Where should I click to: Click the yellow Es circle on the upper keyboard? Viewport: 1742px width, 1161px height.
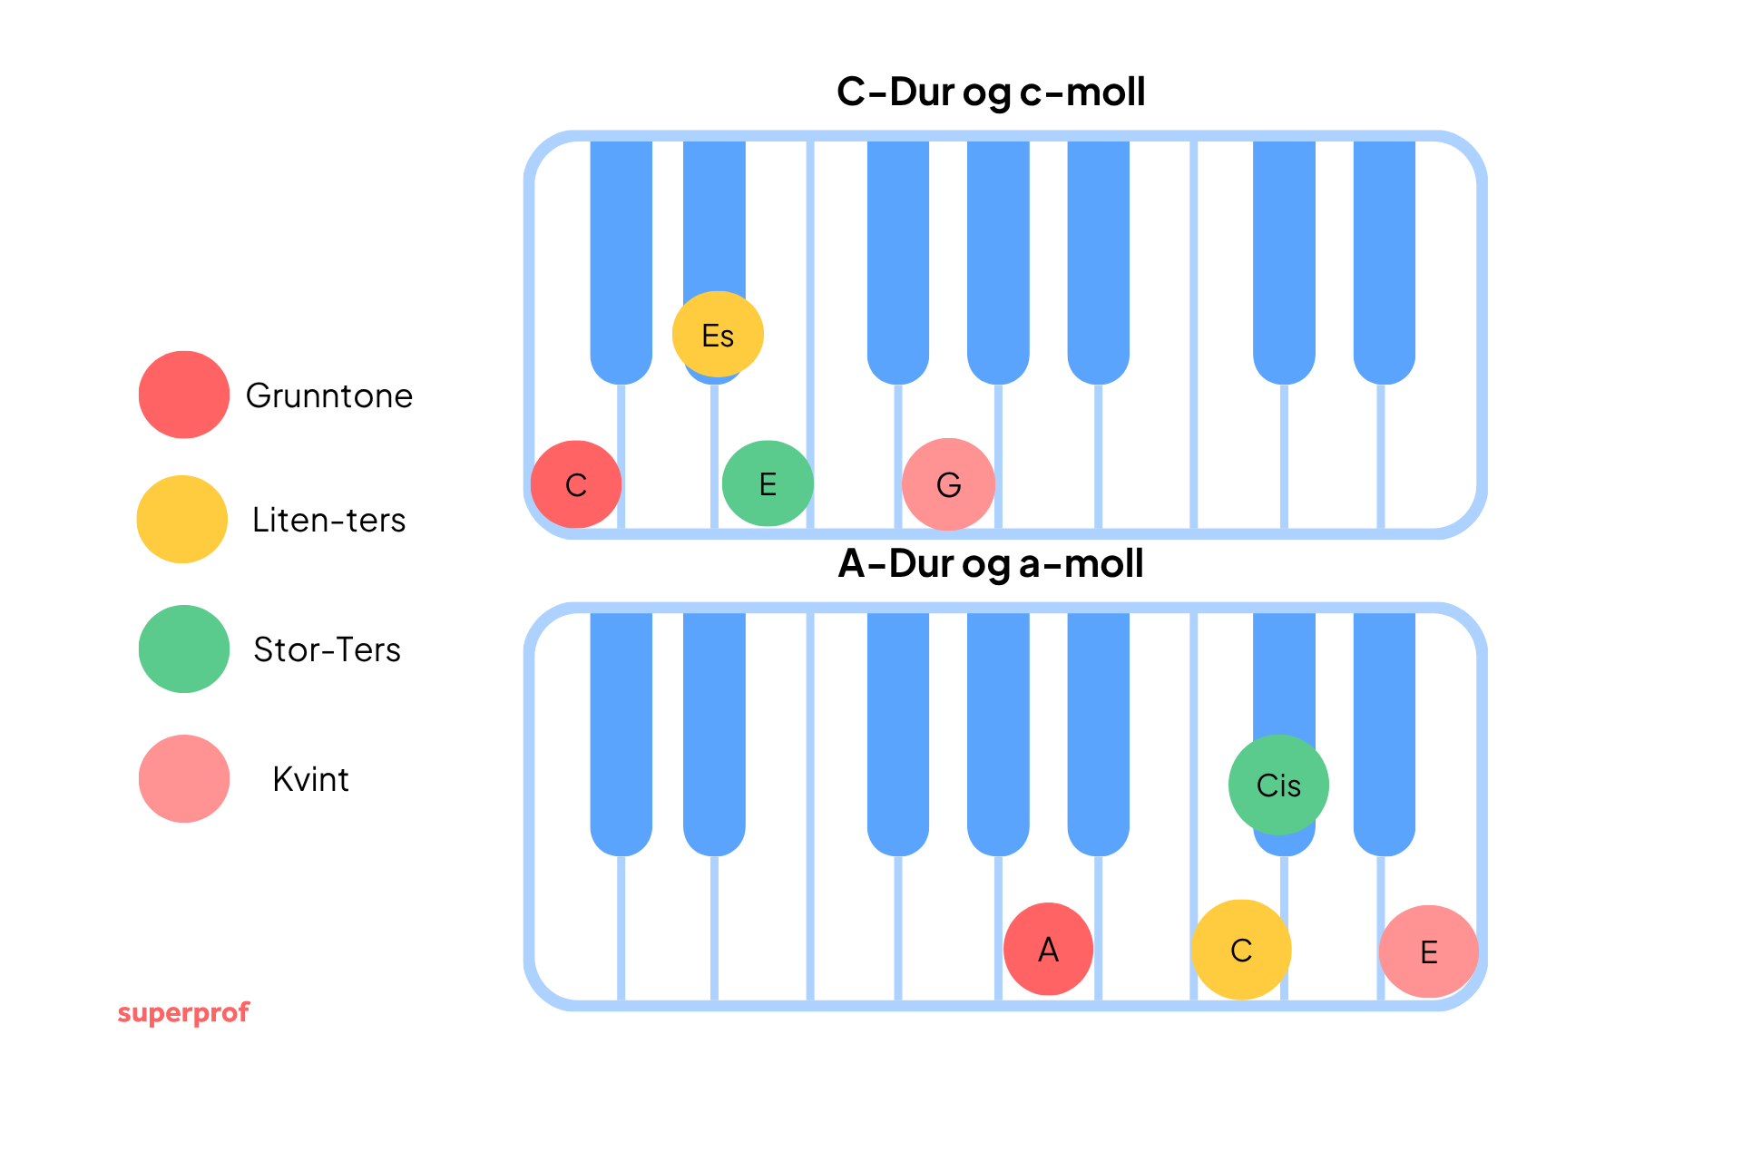click(x=718, y=335)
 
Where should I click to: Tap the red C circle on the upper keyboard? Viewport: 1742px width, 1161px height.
click(x=576, y=484)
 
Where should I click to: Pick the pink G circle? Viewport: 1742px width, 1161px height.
click(x=948, y=484)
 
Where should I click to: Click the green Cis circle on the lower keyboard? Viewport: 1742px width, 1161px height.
click(x=1278, y=785)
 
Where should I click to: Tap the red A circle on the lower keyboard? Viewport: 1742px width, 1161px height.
click(x=1048, y=949)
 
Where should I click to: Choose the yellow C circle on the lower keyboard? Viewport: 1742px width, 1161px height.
click(x=1240, y=950)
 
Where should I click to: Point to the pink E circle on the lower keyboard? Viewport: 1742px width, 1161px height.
click(x=1428, y=951)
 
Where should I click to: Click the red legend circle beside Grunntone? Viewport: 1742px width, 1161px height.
click(x=184, y=395)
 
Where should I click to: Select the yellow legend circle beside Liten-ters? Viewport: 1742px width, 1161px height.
click(x=182, y=519)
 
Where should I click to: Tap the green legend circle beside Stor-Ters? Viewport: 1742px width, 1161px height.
click(x=184, y=649)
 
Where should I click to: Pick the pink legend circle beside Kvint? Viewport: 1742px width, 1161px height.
click(x=184, y=778)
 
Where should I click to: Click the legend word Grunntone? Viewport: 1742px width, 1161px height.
click(x=328, y=396)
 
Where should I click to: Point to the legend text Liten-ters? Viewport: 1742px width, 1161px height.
click(x=328, y=521)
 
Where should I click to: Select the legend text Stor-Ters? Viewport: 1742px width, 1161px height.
click(x=327, y=650)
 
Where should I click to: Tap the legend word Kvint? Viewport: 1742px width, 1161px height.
click(x=310, y=780)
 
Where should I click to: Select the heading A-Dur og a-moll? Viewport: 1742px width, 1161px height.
click(x=991, y=564)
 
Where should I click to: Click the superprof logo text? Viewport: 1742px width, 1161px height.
click(x=183, y=1012)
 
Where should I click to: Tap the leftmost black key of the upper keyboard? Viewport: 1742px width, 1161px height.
click(x=621, y=254)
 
